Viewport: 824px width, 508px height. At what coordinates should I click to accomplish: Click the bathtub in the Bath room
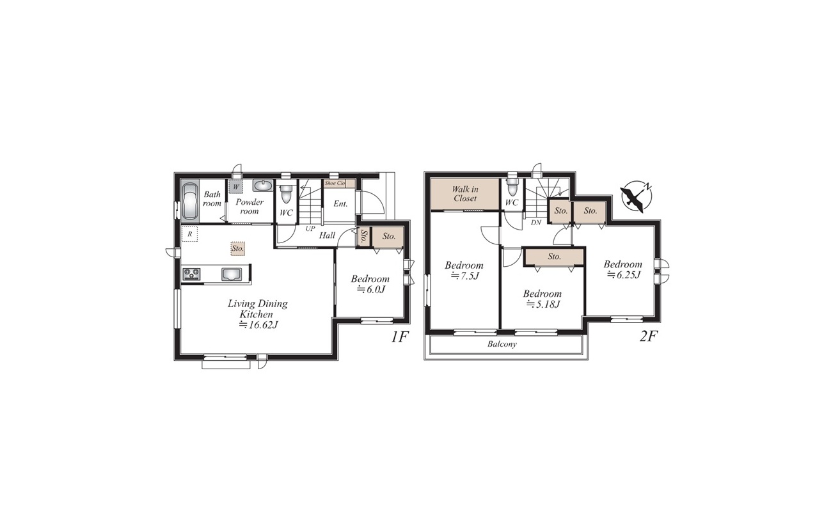190,201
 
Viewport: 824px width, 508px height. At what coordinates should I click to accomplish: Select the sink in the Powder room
262,186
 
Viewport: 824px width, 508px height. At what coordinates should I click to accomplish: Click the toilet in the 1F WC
285,193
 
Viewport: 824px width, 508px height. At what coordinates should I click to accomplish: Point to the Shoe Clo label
335,183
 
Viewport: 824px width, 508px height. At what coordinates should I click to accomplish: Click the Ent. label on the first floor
340,203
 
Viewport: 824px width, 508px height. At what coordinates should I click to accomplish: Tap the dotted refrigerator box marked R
190,234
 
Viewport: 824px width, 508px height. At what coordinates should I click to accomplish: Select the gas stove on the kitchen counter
191,274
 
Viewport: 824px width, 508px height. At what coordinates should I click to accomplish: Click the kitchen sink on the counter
232,274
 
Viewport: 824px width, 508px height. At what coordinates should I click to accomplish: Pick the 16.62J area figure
258,325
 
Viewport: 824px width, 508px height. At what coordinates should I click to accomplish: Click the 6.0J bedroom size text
371,289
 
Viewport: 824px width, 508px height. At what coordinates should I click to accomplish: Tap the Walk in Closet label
465,194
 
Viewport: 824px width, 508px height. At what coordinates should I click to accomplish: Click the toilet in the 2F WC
511,187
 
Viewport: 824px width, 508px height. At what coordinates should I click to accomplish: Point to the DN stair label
536,223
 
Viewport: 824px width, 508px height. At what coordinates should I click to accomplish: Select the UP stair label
310,228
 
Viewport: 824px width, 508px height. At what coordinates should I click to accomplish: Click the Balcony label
502,344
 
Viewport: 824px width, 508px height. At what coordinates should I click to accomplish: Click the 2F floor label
648,337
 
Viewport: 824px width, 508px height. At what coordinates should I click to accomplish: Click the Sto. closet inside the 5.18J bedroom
554,257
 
